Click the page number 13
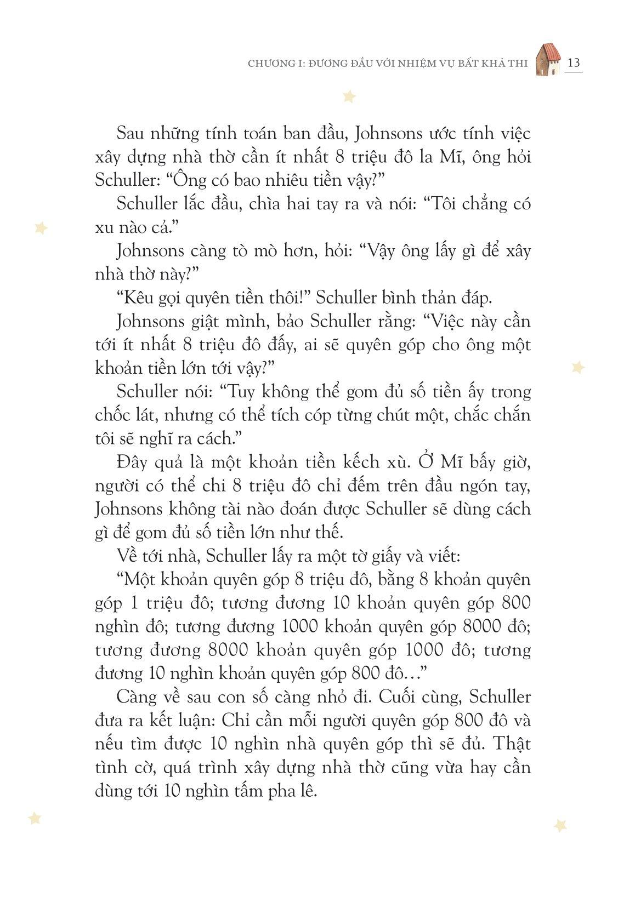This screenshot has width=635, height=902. tap(574, 62)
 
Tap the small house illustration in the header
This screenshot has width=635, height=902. tap(547, 60)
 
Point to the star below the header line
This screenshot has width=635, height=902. tap(349, 97)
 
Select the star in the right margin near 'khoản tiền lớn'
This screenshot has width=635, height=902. tap(577, 367)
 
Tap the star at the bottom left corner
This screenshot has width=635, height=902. tap(35, 818)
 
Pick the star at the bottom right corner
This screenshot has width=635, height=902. tap(560, 825)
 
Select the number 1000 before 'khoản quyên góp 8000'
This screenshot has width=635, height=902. tap(299, 626)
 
